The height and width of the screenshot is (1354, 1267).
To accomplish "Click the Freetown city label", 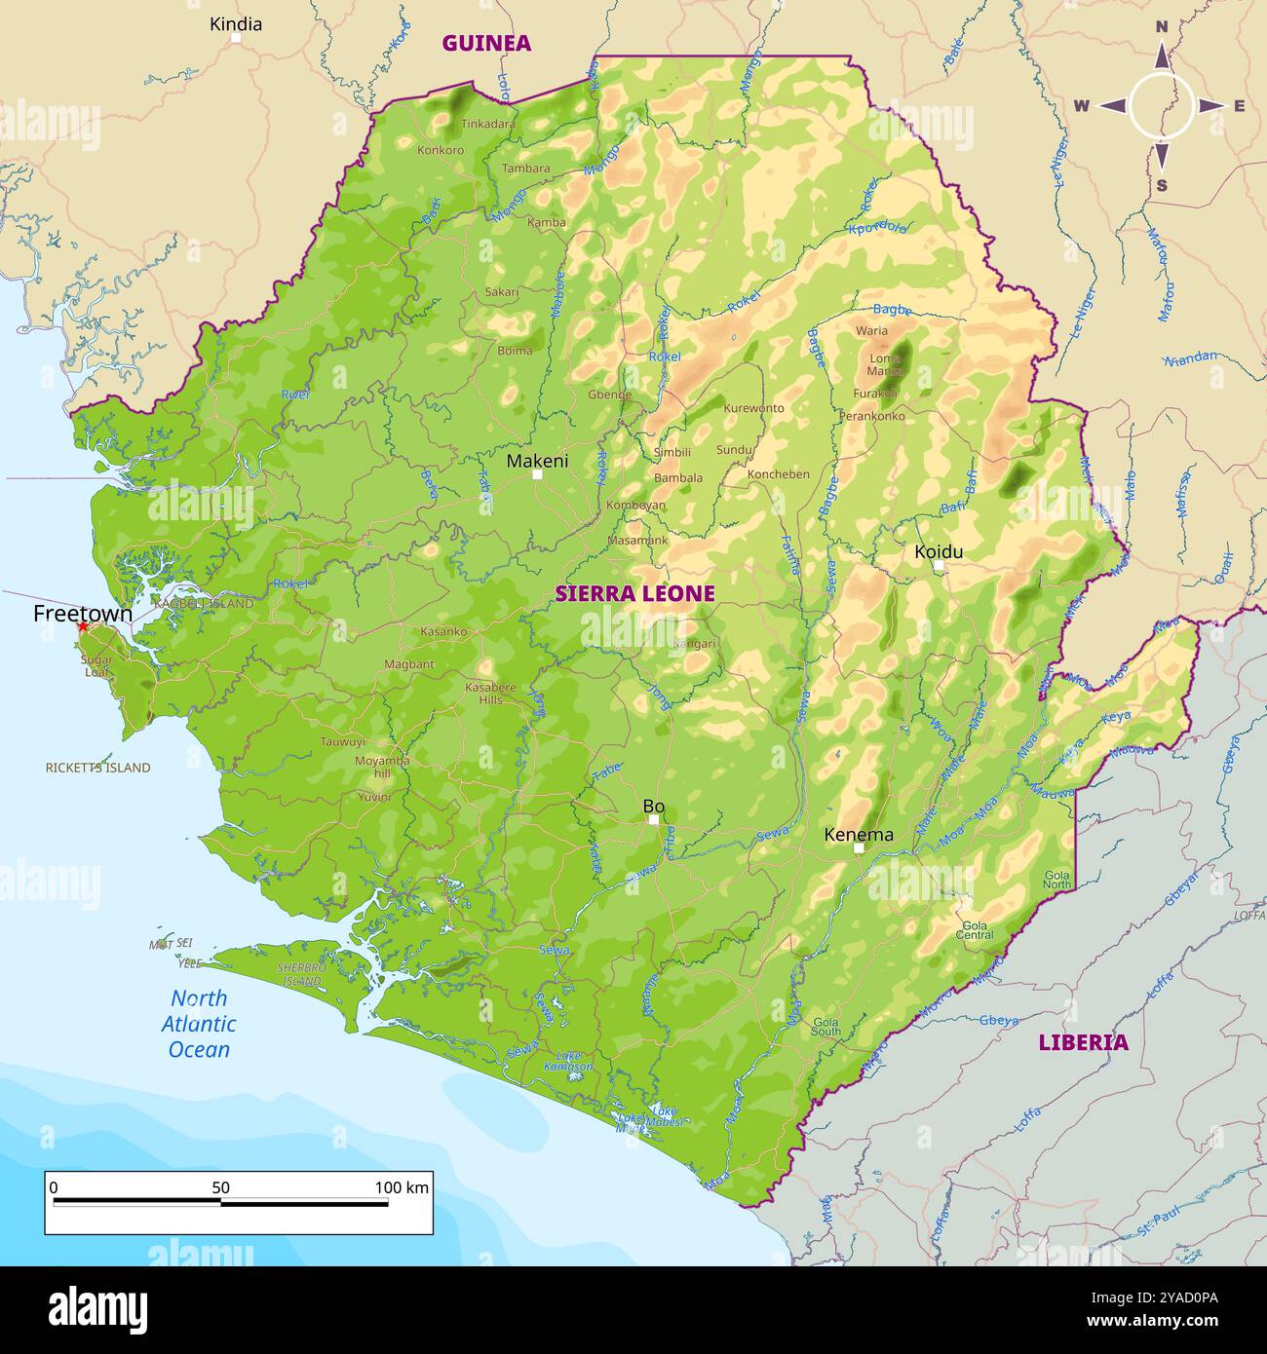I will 82,614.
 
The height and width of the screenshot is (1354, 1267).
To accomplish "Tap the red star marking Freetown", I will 83,628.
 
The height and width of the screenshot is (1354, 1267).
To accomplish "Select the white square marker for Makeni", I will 537,474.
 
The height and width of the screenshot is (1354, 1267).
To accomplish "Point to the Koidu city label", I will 938,552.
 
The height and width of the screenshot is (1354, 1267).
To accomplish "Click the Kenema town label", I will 858,835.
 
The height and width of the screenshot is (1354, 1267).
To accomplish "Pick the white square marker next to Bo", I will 654,819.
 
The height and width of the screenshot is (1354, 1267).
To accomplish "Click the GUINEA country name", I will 486,43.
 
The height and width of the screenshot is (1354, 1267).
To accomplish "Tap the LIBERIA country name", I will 1083,1042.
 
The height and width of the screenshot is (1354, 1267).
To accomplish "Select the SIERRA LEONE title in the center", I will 634,593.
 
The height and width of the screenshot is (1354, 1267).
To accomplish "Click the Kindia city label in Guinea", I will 236,23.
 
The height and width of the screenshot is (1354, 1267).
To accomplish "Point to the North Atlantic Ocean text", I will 199,1024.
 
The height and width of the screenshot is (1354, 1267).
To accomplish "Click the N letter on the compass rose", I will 1162,27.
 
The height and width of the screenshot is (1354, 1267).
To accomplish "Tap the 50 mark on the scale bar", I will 220,1187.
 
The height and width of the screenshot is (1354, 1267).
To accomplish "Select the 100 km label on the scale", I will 402,1187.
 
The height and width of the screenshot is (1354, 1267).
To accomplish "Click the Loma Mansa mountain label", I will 885,364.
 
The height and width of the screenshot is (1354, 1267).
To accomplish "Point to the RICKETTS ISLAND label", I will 97,768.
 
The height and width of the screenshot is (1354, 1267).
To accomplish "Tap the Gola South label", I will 825,1027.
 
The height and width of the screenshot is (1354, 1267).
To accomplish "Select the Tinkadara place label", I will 488,124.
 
